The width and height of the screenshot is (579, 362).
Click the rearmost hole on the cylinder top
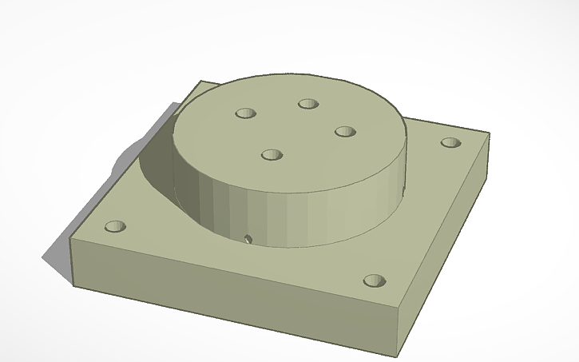click(308, 103)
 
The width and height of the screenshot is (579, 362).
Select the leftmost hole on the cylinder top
click(244, 113)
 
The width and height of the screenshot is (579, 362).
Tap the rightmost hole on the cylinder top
click(344, 131)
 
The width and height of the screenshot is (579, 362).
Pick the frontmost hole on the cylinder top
click(273, 153)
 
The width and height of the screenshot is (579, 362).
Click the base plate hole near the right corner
click(451, 144)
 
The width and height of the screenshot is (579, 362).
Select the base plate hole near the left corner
click(116, 227)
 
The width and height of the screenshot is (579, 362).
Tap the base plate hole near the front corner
click(373, 281)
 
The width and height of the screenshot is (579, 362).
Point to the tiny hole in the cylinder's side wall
click(248, 238)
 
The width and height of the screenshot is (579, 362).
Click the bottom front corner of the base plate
click(403, 349)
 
